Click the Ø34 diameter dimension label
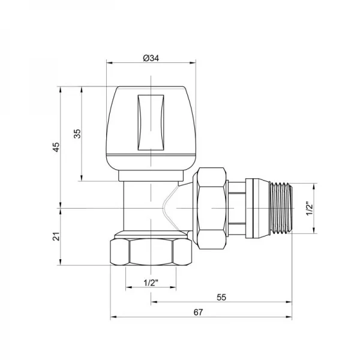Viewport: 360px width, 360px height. pos(151,58)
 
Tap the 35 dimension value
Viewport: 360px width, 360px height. pos(76,134)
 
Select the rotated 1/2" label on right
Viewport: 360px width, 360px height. pos(310,208)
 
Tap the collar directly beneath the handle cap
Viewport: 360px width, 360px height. pos(152,175)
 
